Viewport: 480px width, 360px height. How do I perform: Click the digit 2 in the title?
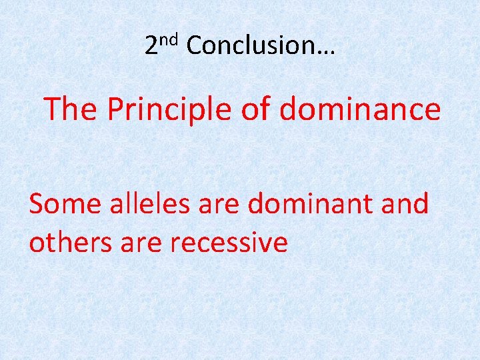(x=151, y=45)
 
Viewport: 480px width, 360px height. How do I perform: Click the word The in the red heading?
(x=71, y=109)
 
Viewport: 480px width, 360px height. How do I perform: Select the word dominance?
(x=360, y=109)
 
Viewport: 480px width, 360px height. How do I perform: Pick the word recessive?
(x=229, y=243)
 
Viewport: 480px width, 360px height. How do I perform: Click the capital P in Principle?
(x=114, y=109)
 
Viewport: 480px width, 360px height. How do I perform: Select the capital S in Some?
(x=37, y=203)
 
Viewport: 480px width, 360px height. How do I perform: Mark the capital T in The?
(x=53, y=109)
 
